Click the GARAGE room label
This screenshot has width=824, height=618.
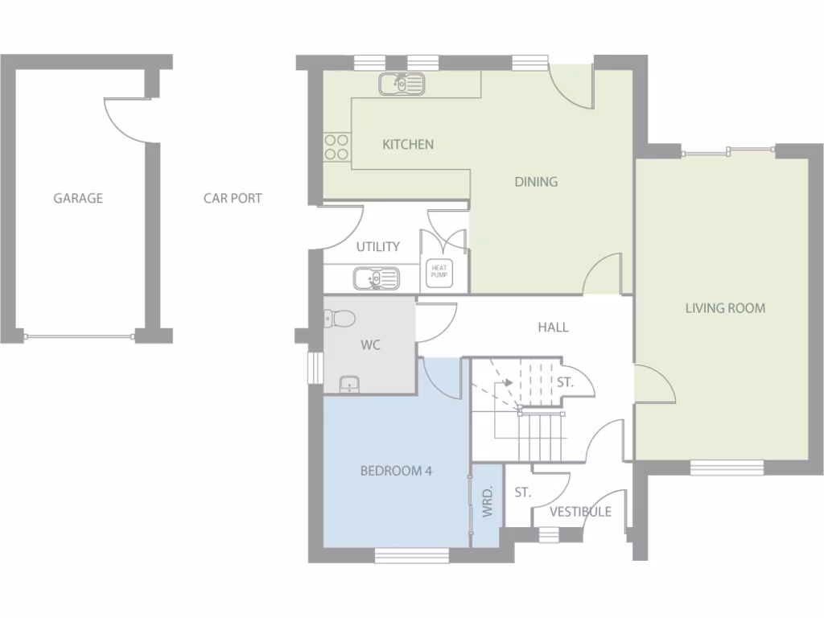click(78, 198)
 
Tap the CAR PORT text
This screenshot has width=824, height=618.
click(233, 198)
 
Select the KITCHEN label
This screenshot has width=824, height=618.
click(408, 145)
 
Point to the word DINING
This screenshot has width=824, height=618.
click(536, 182)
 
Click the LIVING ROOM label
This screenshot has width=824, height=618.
click(725, 307)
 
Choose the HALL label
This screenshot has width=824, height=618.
click(553, 327)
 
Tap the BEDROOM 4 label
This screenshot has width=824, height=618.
click(396, 471)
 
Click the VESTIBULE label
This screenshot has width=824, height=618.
click(580, 512)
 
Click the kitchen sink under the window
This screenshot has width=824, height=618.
click(401, 83)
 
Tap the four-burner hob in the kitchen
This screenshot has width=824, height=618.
click(336, 146)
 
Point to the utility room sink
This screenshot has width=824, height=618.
click(375, 278)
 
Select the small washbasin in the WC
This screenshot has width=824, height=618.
click(349, 384)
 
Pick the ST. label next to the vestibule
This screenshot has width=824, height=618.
click(523, 492)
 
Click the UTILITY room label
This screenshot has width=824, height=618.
click(378, 247)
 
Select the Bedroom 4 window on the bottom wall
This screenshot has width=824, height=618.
click(411, 554)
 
